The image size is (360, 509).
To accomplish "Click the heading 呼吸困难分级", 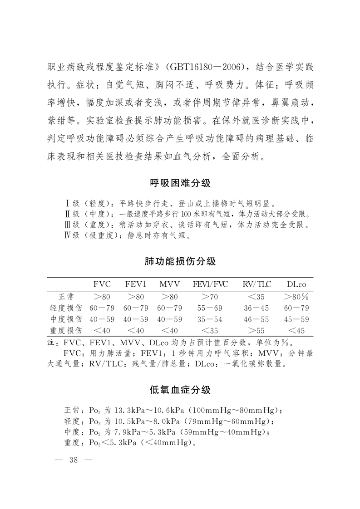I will (x=180, y=184).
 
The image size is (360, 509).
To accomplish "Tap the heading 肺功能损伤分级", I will (x=180, y=261).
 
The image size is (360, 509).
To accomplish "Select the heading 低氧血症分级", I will (x=180, y=390).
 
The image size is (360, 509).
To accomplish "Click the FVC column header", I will (x=102, y=284).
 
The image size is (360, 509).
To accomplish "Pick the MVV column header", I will (x=169, y=284).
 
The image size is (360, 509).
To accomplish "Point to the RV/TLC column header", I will (x=256, y=284).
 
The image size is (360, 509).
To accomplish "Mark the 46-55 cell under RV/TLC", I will (x=256, y=319).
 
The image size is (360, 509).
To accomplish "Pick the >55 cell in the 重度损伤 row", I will (x=256, y=330).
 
